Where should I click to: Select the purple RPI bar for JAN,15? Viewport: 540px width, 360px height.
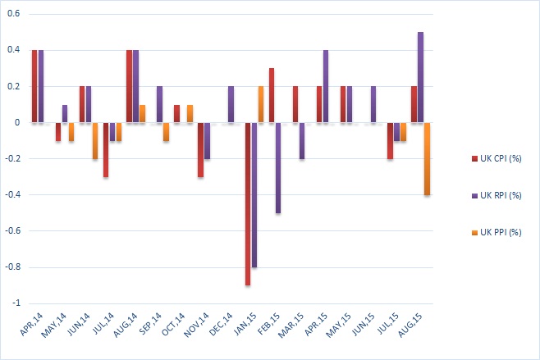click(254, 195)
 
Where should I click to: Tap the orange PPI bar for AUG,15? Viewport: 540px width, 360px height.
click(427, 158)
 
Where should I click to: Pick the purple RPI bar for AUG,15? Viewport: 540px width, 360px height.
click(420, 78)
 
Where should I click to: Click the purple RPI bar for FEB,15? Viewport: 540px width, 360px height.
click(277, 167)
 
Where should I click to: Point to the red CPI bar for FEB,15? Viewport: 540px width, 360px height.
click(271, 95)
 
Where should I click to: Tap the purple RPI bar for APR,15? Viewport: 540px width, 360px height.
click(326, 86)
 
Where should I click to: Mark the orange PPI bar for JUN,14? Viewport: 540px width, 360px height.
click(95, 140)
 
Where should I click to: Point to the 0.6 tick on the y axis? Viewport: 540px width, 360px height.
click(15, 14)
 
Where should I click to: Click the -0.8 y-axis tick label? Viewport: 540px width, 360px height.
click(12, 267)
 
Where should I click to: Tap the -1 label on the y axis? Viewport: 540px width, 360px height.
click(16, 303)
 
